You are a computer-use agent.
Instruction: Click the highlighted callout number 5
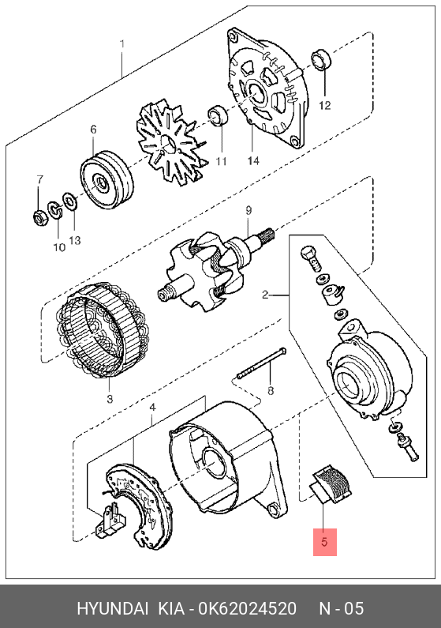tap(324, 542)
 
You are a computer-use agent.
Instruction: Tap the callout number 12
tap(325, 105)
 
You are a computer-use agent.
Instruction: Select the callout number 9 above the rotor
tap(249, 210)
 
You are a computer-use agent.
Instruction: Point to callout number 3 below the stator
tap(110, 399)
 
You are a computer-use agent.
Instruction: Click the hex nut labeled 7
tap(40, 217)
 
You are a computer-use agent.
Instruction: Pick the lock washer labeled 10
tap(54, 209)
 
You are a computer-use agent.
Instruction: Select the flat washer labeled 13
tap(70, 201)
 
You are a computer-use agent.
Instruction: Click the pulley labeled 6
tap(107, 179)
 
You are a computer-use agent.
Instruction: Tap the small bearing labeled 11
tap(218, 115)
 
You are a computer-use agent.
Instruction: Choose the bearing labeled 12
tap(320, 59)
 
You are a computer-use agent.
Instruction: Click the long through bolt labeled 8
tap(261, 363)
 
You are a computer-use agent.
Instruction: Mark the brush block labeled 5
tap(332, 483)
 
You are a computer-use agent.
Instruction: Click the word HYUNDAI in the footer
tap(112, 608)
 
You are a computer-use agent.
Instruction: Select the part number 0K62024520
tap(248, 608)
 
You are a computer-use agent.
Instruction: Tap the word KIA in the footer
tap(171, 608)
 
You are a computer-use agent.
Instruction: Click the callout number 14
tap(253, 160)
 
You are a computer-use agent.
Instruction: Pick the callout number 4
tap(152, 408)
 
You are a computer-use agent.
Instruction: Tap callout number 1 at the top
tap(122, 43)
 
